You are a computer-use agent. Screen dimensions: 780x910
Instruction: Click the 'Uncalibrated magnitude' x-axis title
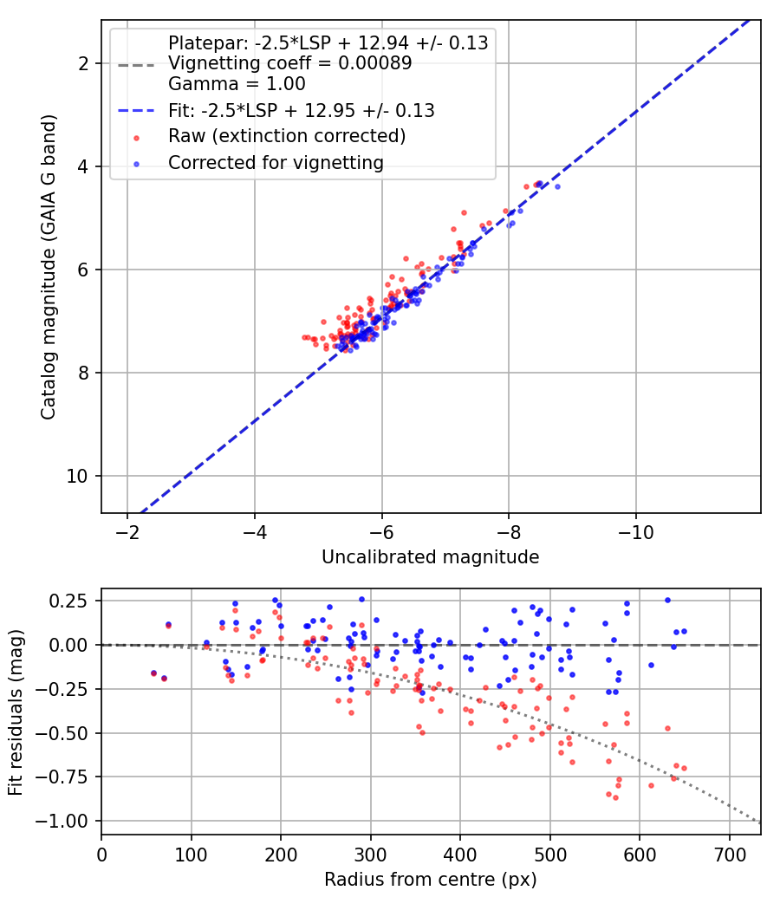[430, 557]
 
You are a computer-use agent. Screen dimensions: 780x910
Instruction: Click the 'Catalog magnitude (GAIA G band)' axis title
[49, 267]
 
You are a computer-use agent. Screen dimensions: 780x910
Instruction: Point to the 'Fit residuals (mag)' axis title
[16, 712]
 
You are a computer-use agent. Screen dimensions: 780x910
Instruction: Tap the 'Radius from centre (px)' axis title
[430, 880]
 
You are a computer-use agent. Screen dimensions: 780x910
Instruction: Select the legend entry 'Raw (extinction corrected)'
[287, 136]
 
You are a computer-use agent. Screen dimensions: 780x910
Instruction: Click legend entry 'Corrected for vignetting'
[276, 163]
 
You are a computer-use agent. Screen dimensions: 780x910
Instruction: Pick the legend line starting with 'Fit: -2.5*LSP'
[302, 110]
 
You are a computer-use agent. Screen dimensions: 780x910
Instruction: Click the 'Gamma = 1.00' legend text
[237, 83]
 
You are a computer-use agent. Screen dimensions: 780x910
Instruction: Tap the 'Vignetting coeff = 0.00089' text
[290, 62]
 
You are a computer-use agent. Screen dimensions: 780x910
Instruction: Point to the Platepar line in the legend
[328, 43]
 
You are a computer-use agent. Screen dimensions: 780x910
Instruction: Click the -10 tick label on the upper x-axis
[635, 532]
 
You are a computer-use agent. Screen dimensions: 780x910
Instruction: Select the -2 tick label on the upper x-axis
[127, 532]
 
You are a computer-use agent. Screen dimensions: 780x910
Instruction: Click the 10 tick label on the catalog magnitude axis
[77, 476]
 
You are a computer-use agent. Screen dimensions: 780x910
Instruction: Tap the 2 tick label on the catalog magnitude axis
[84, 63]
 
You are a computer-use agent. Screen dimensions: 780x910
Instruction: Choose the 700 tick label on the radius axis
[729, 855]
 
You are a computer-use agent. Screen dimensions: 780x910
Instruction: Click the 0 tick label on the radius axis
[101, 855]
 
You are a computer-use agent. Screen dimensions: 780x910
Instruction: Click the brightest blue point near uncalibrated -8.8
[557, 186]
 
